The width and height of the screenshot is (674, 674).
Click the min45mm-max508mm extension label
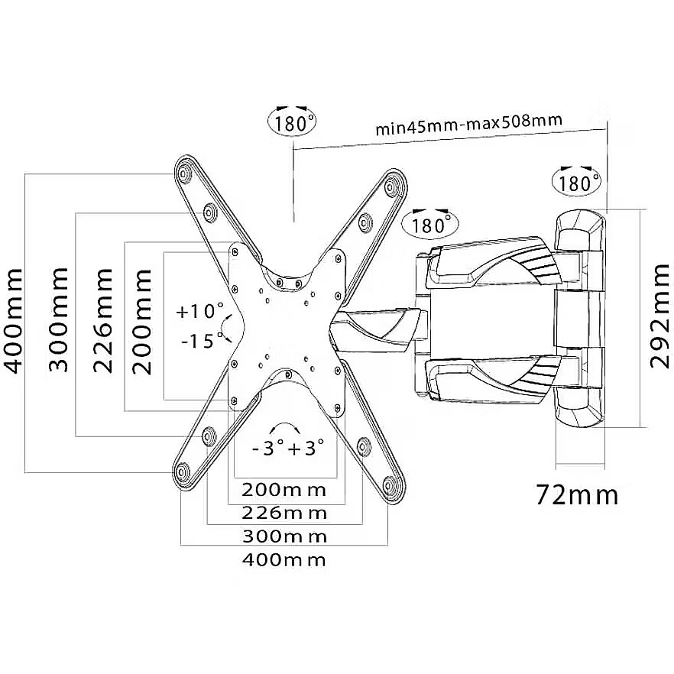point(469,125)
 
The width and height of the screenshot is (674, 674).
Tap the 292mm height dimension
point(658,317)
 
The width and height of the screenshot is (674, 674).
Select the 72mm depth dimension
point(577,496)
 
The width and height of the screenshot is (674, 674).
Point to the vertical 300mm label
point(58,319)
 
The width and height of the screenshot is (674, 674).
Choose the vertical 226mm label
point(103,321)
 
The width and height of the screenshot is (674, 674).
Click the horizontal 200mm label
point(284,490)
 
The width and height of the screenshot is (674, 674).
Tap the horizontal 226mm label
point(284,514)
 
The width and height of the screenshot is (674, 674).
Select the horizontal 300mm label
point(284,536)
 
